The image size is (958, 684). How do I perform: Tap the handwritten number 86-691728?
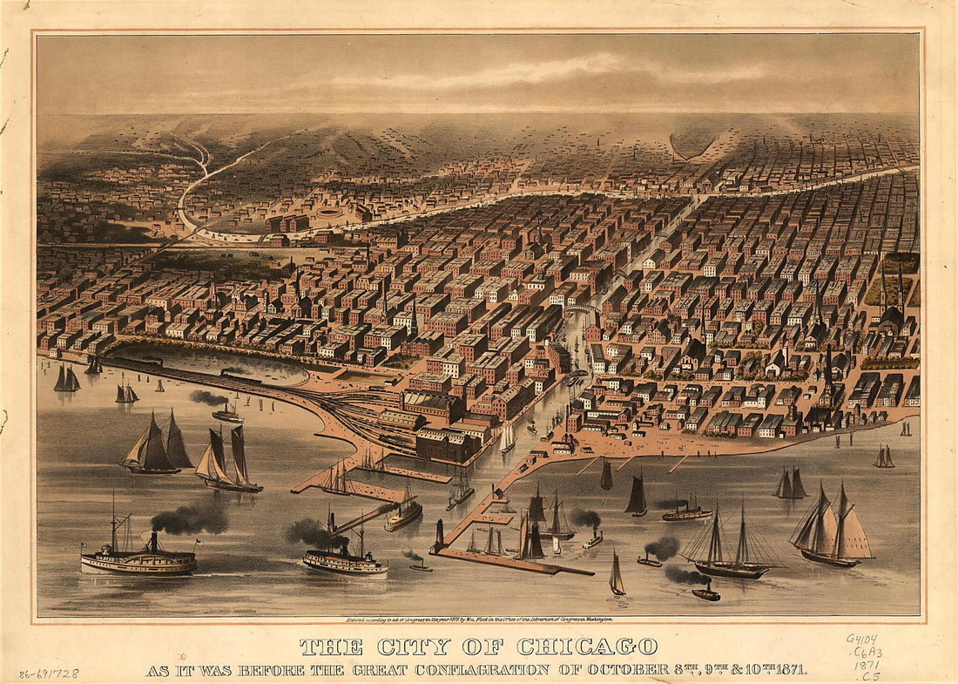point(49,674)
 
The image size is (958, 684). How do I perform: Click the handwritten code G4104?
point(863,638)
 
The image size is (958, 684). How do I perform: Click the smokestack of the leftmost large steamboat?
point(153,542)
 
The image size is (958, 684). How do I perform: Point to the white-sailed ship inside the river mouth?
point(507,438)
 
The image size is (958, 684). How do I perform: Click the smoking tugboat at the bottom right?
point(706,593)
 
